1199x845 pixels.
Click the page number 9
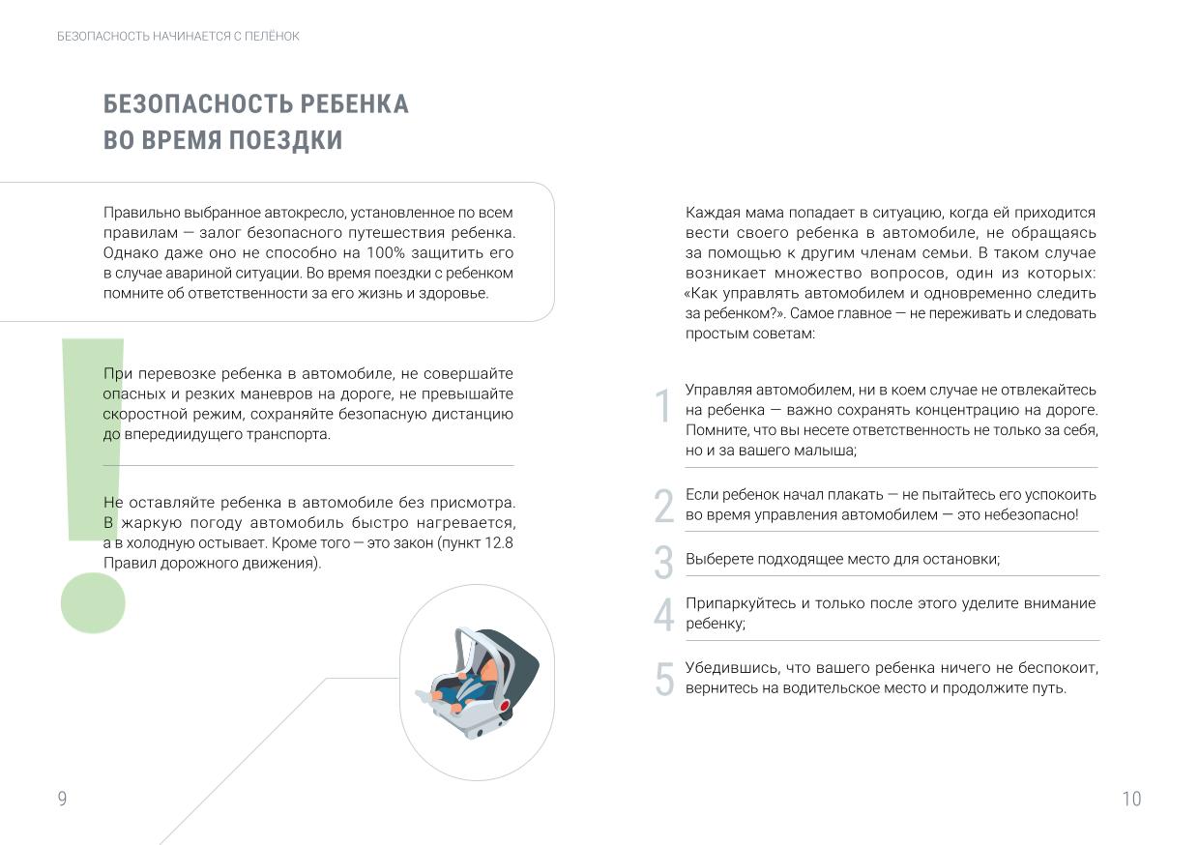point(62,799)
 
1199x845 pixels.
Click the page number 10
point(1131,799)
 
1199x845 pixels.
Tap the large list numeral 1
point(663,407)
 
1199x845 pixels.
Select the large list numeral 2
point(663,506)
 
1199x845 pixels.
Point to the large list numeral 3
point(663,563)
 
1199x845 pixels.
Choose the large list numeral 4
point(663,615)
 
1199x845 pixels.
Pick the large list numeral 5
point(663,679)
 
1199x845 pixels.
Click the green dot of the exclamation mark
point(93,602)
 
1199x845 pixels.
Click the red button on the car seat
point(504,705)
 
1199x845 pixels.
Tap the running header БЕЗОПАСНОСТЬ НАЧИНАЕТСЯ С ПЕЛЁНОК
point(179,36)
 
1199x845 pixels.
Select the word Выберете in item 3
point(716,560)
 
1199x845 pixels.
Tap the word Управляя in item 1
point(718,390)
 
